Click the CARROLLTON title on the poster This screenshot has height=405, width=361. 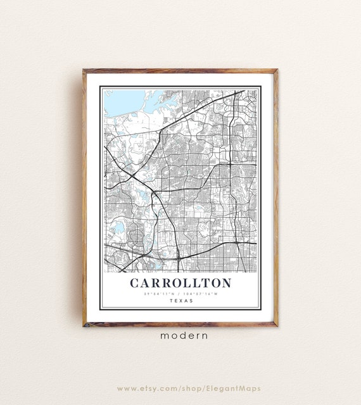tap(180, 283)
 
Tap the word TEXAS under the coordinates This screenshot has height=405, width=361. tap(180, 301)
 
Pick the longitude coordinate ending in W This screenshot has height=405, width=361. tap(201, 294)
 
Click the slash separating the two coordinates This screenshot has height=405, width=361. tap(181, 294)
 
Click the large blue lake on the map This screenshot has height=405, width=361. tap(123, 101)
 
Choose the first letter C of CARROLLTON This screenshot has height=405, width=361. tap(134, 283)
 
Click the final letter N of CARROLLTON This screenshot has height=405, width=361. tap(227, 283)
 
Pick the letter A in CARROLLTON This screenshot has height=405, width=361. tap(145, 283)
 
